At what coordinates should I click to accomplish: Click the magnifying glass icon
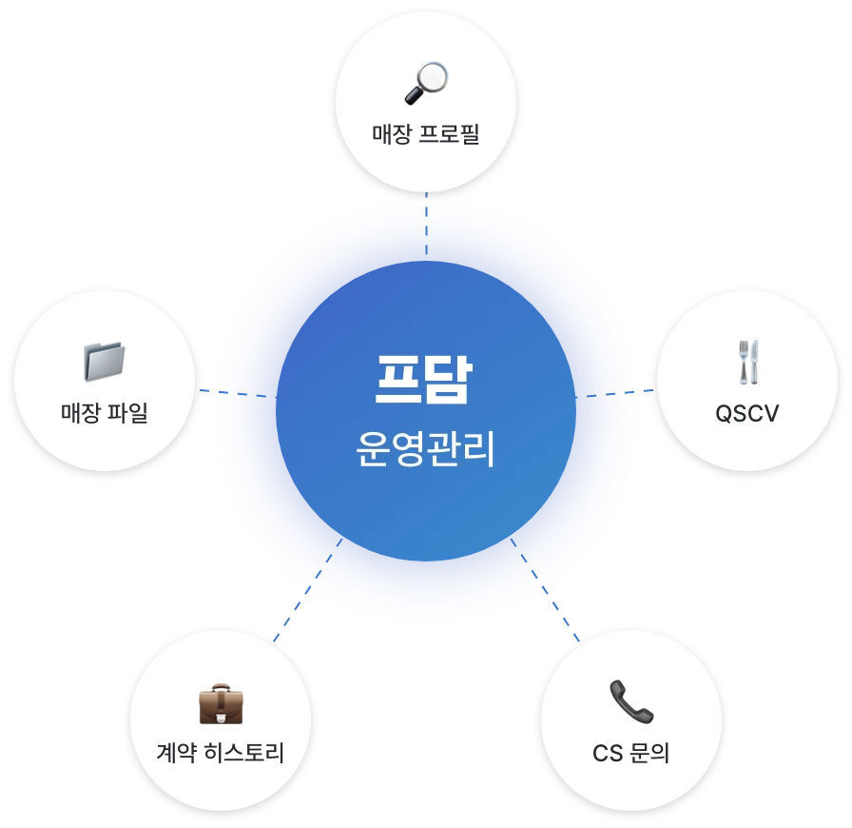[x=427, y=83]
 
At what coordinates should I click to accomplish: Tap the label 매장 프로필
[x=426, y=134]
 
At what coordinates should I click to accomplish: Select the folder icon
[x=105, y=362]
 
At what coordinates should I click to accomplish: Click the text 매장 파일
[x=105, y=412]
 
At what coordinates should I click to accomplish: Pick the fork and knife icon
[x=748, y=362]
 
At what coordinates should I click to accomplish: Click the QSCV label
[x=747, y=413]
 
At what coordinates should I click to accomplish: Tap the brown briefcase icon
[x=221, y=704]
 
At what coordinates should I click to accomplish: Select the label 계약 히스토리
[x=220, y=753]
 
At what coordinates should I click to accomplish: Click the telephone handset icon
[x=631, y=701]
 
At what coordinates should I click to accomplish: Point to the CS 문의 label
[x=630, y=754]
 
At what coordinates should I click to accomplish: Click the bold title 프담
[x=424, y=379]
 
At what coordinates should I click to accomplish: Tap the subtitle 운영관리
[x=425, y=449]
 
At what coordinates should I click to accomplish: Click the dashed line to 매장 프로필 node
[x=427, y=223]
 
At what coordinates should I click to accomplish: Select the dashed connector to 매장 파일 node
[x=235, y=393]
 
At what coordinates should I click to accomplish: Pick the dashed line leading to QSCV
[x=614, y=393]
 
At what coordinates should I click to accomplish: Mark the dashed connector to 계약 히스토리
[x=308, y=590]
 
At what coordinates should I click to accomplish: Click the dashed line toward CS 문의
[x=545, y=590]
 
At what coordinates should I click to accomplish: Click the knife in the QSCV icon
[x=753, y=362]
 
